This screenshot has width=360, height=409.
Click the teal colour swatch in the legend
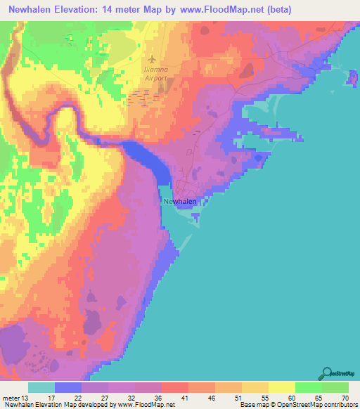click(41, 388)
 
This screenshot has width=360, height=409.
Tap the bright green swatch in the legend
click(307, 388)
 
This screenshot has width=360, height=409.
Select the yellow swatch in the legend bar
click(281, 388)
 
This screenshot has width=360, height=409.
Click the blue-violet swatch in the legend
click(68, 388)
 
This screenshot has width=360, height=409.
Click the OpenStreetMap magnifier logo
click(328, 373)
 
